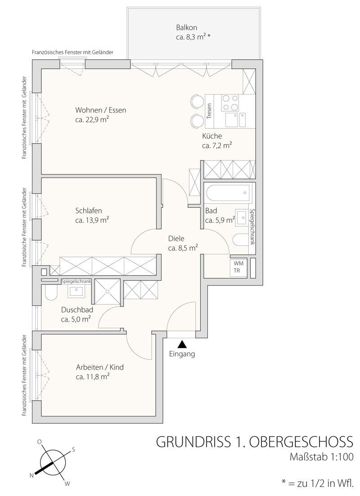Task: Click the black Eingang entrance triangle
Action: tap(182, 344)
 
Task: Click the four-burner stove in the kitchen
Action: tap(230, 103)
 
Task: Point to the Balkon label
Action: tap(186, 27)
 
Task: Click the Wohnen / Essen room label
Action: tap(101, 110)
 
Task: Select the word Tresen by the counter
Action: tap(209, 112)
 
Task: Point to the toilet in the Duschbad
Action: tap(50, 293)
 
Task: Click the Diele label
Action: tap(176, 239)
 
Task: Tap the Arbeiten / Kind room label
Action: tap(100, 367)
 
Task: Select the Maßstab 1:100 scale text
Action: tap(321, 457)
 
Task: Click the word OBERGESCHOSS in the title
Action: tap(301, 442)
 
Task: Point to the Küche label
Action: tap(212, 136)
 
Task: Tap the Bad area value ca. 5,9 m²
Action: tap(220, 220)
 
